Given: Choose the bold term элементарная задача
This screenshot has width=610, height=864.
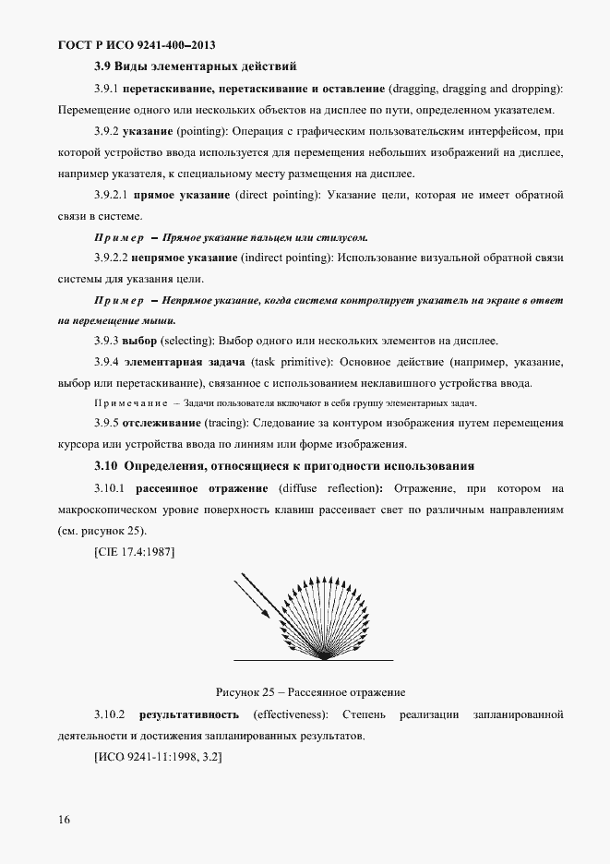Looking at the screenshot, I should [192, 363].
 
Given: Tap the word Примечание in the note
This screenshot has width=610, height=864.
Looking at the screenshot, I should [130, 404].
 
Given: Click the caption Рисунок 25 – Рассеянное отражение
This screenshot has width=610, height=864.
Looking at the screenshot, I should [311, 691].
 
